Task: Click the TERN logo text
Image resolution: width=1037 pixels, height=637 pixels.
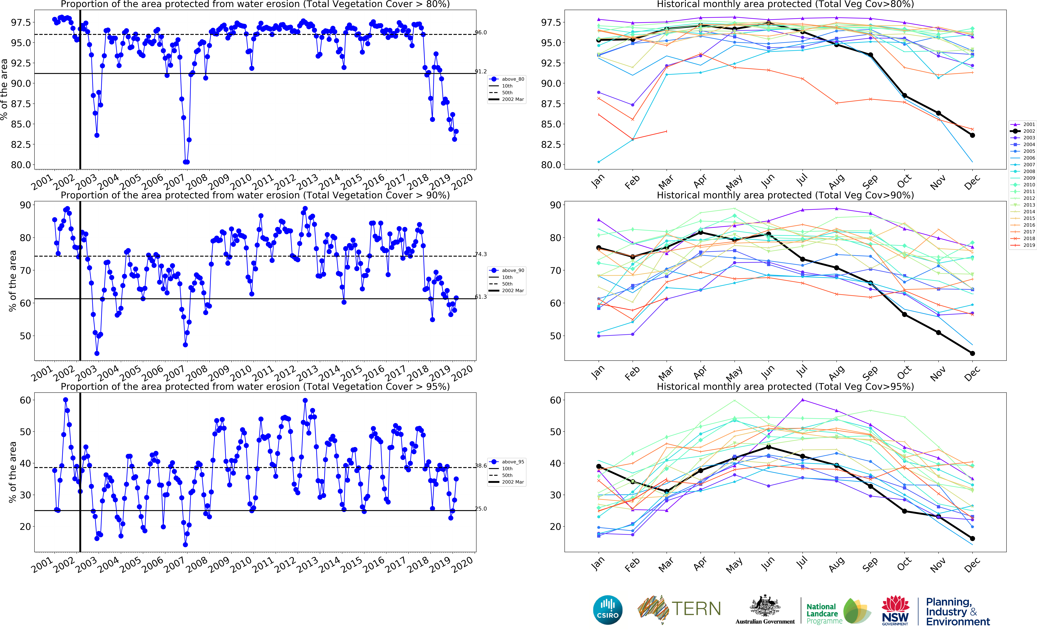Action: (x=696, y=609)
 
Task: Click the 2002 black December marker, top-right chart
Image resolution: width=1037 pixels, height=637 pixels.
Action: (x=973, y=135)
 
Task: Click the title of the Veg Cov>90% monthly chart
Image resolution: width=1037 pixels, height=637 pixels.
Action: (x=785, y=195)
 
